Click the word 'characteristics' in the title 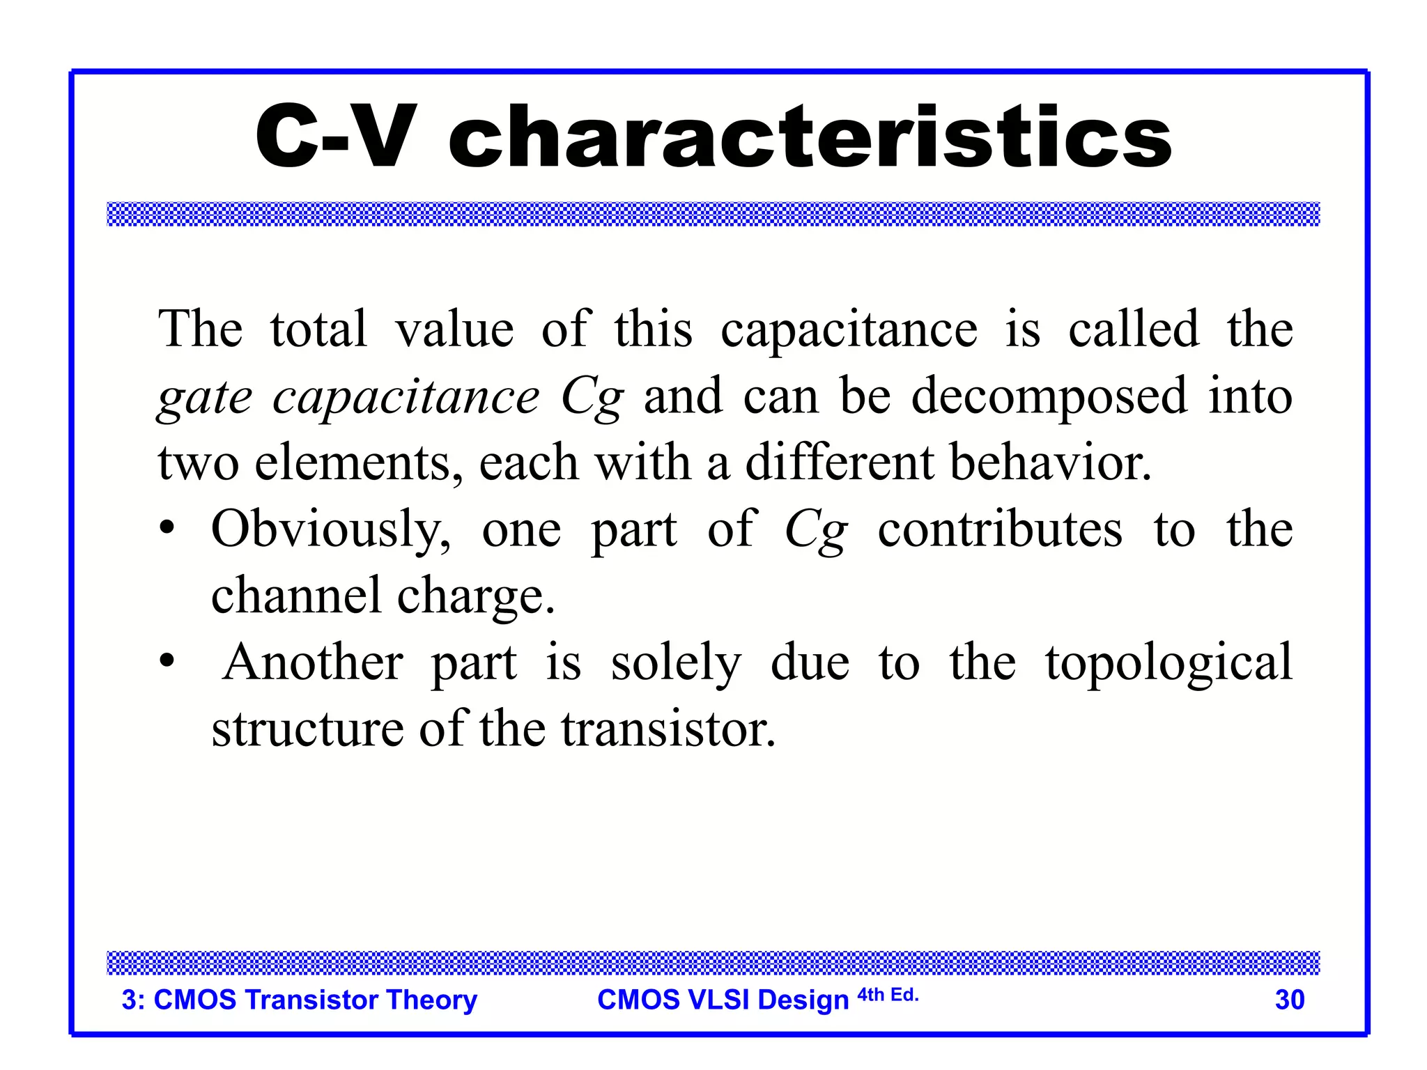tap(810, 137)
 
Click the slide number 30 tap(1289, 1000)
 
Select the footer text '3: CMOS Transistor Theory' tap(300, 1000)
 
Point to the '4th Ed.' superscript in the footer tap(888, 995)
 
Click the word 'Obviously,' tap(331, 529)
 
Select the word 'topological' tap(1168, 663)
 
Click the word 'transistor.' tap(669, 729)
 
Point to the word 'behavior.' tap(1051, 463)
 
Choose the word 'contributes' tap(1000, 529)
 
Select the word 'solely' tap(676, 663)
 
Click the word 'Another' tap(314, 662)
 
